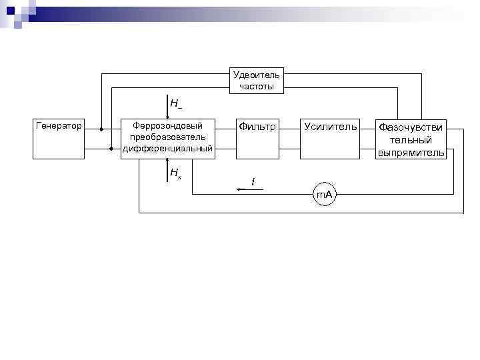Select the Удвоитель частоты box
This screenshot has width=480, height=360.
click(257, 80)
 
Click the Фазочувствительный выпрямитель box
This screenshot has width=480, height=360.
click(411, 139)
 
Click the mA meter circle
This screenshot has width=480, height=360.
click(325, 194)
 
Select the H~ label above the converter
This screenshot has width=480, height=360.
click(176, 103)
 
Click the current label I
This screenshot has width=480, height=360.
click(253, 181)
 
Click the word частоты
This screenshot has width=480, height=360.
click(257, 86)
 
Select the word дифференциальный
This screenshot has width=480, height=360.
click(167, 148)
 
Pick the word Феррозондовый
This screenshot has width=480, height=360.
click(167, 125)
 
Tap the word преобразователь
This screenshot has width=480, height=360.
click(167, 137)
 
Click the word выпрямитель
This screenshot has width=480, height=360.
click(411, 153)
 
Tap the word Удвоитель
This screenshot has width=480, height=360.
click(257, 74)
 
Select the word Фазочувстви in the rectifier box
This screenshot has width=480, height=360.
click(411, 127)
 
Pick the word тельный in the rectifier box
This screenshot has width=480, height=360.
click(411, 139)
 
